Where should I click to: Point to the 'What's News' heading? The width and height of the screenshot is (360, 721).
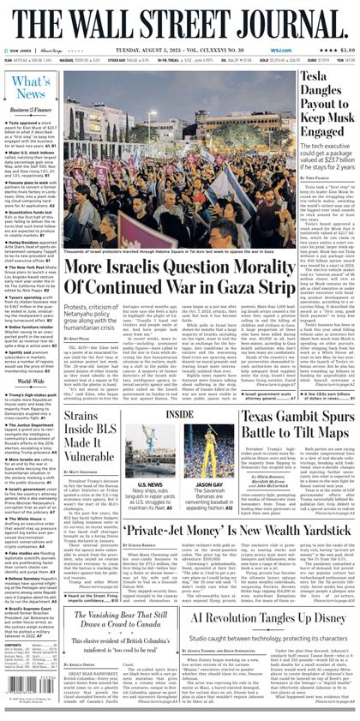point(31,86)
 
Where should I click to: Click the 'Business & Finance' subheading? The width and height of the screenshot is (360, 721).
point(30,112)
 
